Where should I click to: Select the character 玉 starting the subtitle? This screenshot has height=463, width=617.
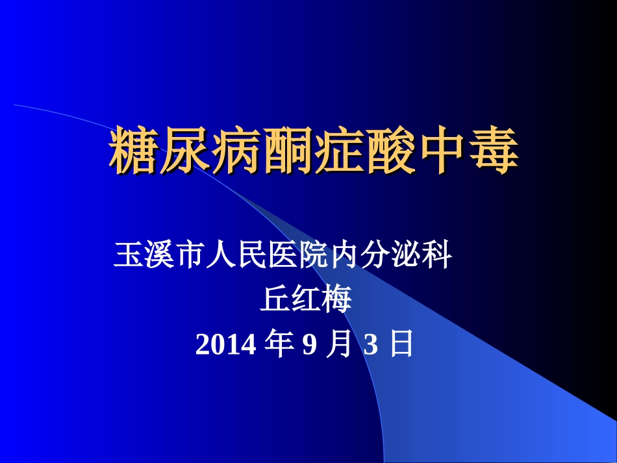click(126, 255)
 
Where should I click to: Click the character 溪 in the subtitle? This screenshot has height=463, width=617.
click(157, 255)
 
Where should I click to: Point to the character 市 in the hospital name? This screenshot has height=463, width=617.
click(188, 255)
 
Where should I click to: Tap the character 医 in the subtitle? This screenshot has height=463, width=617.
click(283, 255)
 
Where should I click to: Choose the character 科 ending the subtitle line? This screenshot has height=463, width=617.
click(438, 255)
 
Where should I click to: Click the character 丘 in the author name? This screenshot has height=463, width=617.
click(275, 300)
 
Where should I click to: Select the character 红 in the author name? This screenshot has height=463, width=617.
click(305, 300)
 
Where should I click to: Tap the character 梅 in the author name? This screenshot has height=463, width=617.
click(336, 300)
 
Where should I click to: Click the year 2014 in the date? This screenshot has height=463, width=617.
click(225, 345)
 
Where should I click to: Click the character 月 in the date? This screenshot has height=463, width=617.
click(340, 345)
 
